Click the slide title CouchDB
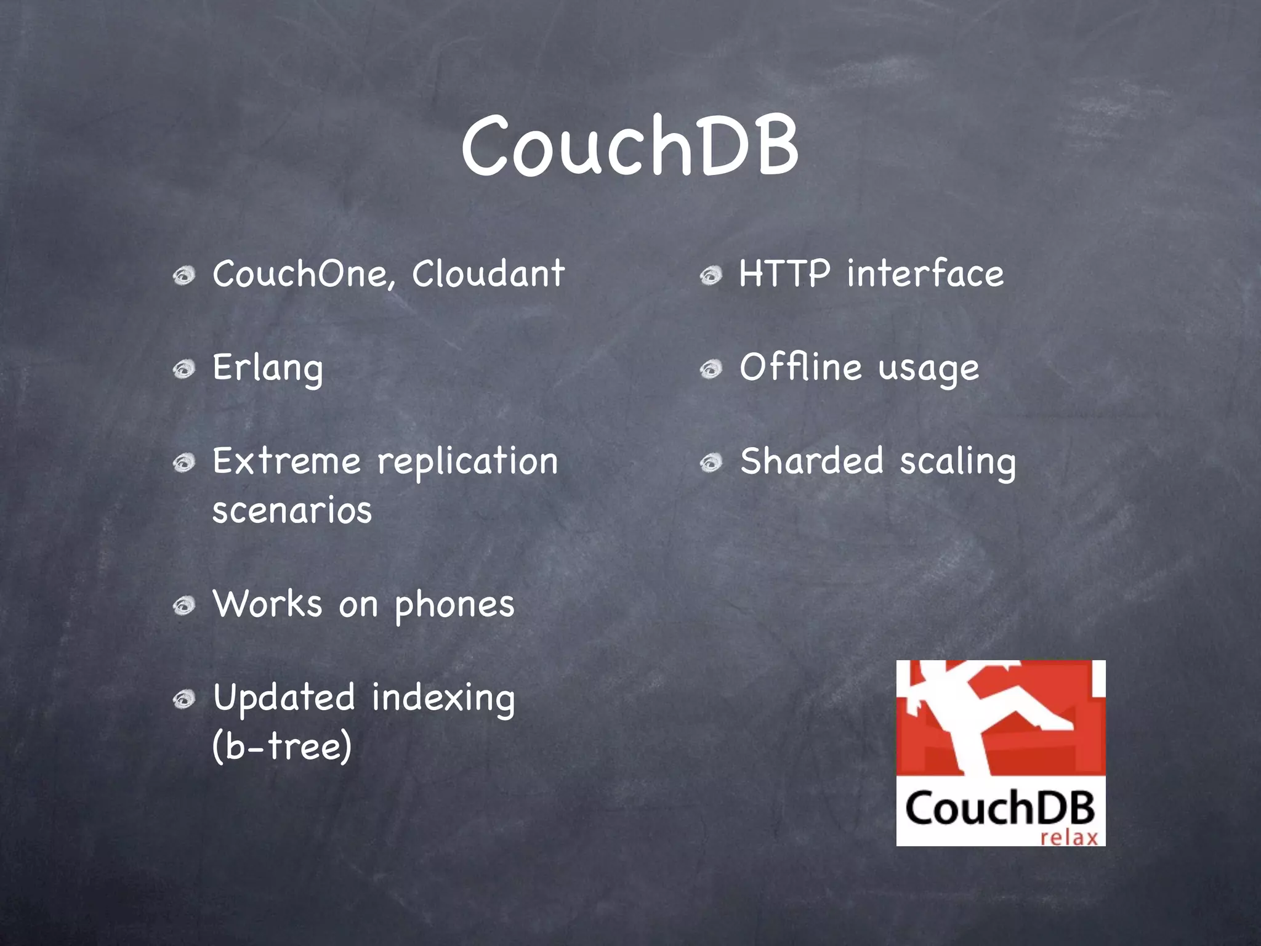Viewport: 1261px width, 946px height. pyautogui.click(x=630, y=147)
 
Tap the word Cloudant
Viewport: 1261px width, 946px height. pyautogui.click(x=488, y=274)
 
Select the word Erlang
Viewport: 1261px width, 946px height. pyautogui.click(x=267, y=368)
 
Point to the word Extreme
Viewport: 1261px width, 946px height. pyautogui.click(x=286, y=462)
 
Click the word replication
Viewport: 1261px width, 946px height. pyautogui.click(x=467, y=462)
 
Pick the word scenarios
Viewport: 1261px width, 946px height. pyautogui.click(x=292, y=511)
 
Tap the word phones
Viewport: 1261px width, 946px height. pyautogui.click(x=454, y=605)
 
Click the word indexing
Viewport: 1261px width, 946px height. pyautogui.click(x=443, y=699)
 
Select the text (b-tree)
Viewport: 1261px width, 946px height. pyautogui.click(x=282, y=746)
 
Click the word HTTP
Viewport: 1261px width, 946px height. pyautogui.click(x=784, y=274)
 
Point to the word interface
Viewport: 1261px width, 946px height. pyautogui.click(x=925, y=274)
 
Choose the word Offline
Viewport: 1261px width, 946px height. pyautogui.click(x=800, y=368)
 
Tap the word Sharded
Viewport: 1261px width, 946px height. pyautogui.click(x=811, y=462)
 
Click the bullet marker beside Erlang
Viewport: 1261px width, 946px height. pyautogui.click(x=183, y=370)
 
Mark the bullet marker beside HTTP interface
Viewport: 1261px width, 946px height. pyautogui.click(x=711, y=275)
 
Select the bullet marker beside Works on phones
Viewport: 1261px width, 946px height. pyautogui.click(x=183, y=606)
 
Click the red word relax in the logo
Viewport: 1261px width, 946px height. pyautogui.click(x=1069, y=838)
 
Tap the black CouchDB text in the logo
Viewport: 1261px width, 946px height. pyautogui.click(x=1000, y=809)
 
